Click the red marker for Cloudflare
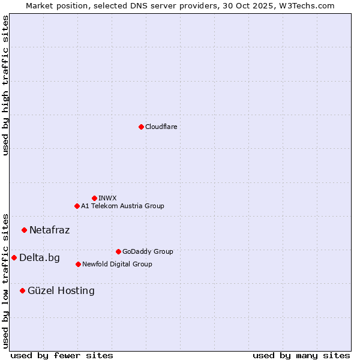141,127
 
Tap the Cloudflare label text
161,127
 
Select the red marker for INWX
94,198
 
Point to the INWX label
107,198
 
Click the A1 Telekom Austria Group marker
77,206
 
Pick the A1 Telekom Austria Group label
122,206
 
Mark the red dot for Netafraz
24,230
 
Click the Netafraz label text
49,230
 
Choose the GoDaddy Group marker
118,251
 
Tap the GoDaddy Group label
148,251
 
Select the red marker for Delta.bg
14,257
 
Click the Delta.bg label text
40,258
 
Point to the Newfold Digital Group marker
78,264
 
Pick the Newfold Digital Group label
117,264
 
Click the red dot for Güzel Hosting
22,290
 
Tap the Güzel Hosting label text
61,291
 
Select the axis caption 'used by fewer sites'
62,355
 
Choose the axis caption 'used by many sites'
301,355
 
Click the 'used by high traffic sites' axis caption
5,85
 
